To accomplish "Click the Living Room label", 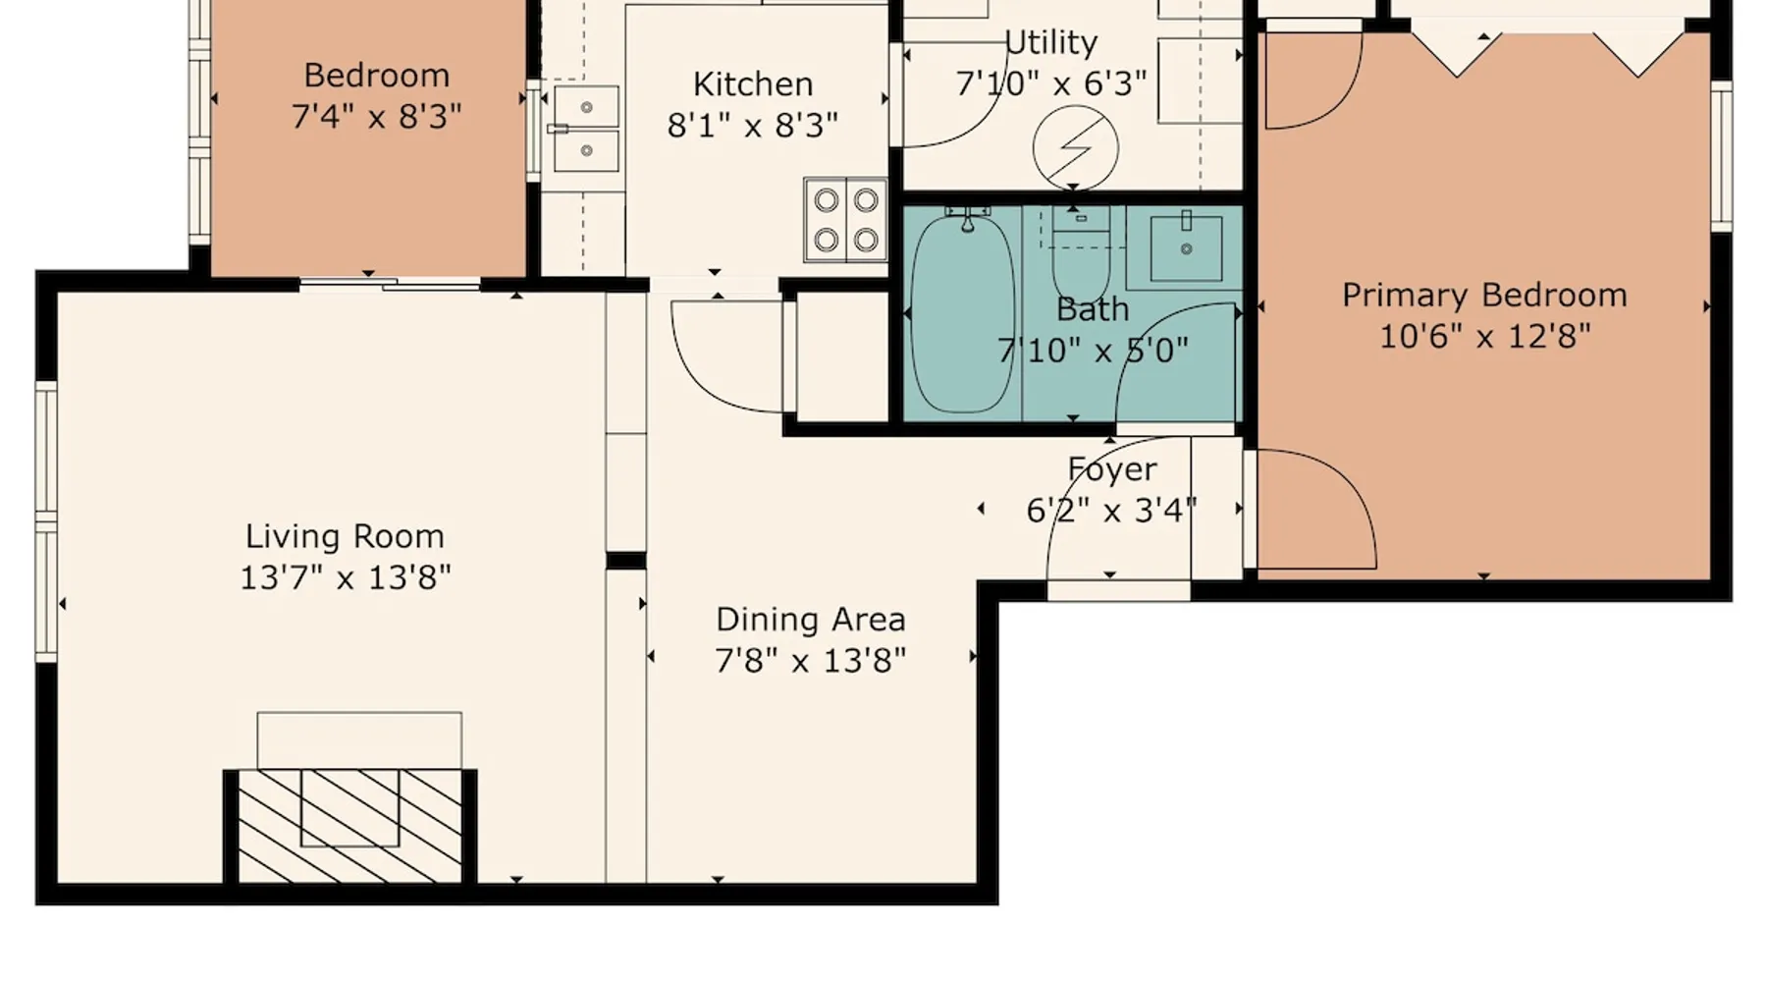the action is [x=345, y=536].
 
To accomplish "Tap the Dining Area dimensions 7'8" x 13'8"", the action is [x=810, y=660].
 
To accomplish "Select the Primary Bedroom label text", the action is [x=1484, y=296].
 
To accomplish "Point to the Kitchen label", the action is [x=753, y=84].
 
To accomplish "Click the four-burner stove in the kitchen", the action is [x=845, y=220].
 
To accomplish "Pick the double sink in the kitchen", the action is [x=586, y=129].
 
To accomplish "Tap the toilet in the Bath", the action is [x=1081, y=251].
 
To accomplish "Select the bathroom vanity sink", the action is [x=1186, y=247].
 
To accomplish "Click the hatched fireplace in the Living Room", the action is [x=350, y=825].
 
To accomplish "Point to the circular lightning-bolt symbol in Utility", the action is [x=1076, y=148].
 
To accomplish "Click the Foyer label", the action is [x=1112, y=469].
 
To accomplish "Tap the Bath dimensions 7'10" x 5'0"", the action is [x=1093, y=351].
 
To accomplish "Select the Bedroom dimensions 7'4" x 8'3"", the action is [x=376, y=117].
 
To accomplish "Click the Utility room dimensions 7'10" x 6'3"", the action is [x=1051, y=83].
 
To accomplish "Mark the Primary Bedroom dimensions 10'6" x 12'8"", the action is [x=1484, y=337].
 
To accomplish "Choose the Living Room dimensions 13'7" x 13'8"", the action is [x=345, y=577].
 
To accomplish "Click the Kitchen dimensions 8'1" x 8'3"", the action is [x=753, y=126].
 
